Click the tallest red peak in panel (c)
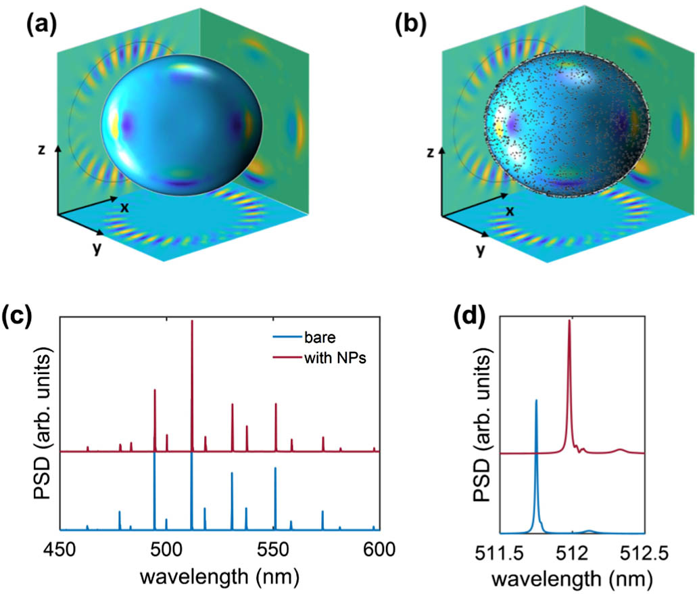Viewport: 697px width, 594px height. (193, 322)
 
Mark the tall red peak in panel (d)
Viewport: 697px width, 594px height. (569, 322)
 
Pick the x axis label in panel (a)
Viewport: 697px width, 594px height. (124, 207)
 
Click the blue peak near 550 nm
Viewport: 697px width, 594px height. (274, 469)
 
